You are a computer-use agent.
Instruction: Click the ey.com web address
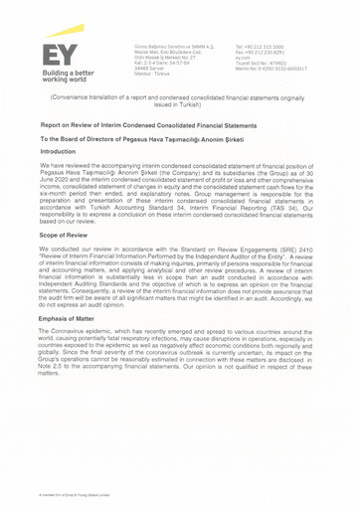[x=243, y=58]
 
